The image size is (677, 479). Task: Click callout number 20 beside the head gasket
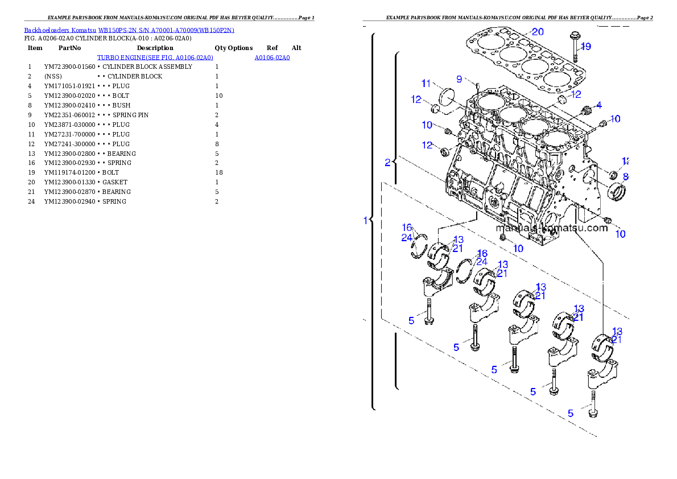(538, 31)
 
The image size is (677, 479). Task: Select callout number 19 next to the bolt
(585, 46)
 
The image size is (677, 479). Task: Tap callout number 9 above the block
(459, 79)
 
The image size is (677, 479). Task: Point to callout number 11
(427, 84)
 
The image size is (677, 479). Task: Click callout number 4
(598, 105)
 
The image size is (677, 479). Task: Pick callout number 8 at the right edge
(625, 176)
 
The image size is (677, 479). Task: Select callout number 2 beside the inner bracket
(387, 163)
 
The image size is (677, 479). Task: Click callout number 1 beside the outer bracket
(366, 220)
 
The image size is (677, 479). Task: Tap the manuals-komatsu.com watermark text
(551, 228)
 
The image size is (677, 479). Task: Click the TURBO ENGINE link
(155, 58)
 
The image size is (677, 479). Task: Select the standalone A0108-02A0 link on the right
(272, 58)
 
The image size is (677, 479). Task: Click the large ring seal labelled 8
(617, 191)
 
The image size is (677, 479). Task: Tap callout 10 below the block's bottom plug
(518, 249)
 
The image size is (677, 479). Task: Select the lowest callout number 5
(571, 414)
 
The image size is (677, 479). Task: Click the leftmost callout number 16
(407, 228)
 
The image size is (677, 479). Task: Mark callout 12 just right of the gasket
(576, 94)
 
